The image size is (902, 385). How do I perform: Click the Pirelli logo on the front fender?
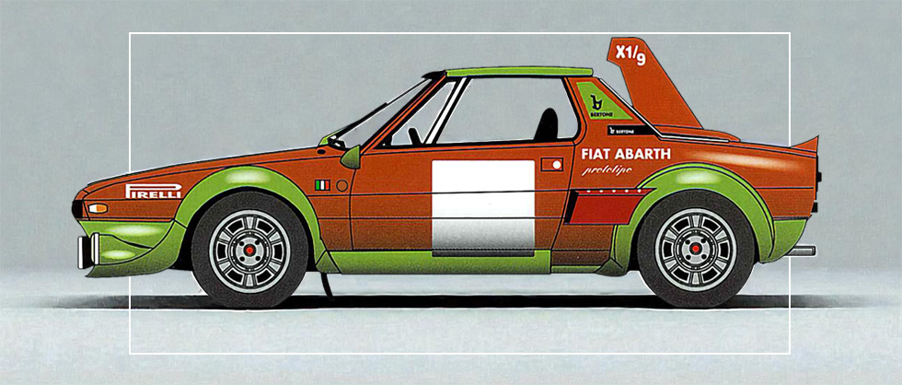click(153, 191)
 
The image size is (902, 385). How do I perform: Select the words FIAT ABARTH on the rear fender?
click(626, 154)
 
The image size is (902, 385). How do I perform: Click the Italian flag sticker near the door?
click(321, 185)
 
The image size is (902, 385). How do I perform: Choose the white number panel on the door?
click(483, 207)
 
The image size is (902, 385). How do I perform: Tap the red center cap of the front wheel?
click(249, 251)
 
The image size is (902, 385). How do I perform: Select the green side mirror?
click(351, 156)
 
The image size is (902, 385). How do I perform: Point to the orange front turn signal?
click(97, 208)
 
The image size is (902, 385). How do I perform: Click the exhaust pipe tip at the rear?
click(803, 250)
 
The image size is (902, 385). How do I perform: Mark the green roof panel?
click(517, 71)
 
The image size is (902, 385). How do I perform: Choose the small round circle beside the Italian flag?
click(341, 185)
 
